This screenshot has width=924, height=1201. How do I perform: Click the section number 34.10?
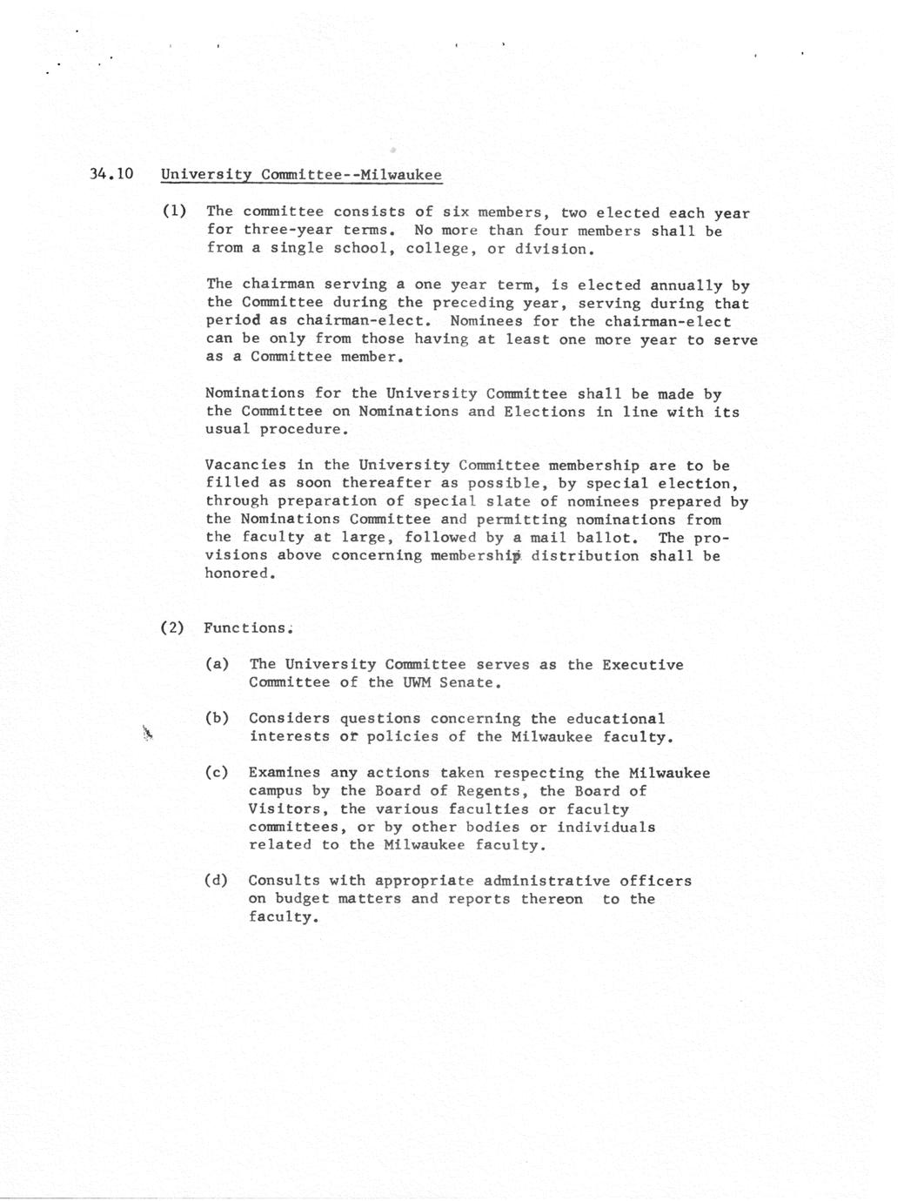pyautogui.click(x=111, y=174)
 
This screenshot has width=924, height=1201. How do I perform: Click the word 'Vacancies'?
pyautogui.click(x=246, y=466)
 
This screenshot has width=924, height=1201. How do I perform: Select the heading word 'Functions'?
pyautogui.click(x=245, y=628)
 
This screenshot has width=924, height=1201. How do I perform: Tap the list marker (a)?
pyautogui.click(x=217, y=665)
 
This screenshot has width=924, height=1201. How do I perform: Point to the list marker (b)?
pyautogui.click(x=217, y=719)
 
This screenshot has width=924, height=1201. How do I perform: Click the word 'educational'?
pyautogui.click(x=615, y=719)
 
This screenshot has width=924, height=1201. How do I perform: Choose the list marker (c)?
pyautogui.click(x=217, y=773)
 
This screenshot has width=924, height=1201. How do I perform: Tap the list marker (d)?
pyautogui.click(x=217, y=881)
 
